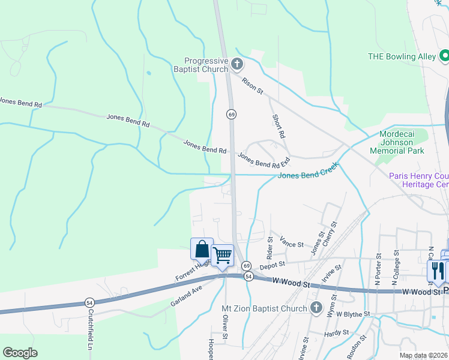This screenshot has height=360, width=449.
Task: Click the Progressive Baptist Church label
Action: click(206, 65)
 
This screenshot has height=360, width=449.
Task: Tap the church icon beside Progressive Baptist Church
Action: click(237, 63)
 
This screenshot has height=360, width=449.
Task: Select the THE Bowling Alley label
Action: click(402, 56)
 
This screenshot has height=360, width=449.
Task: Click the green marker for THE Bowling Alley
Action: click(444, 56)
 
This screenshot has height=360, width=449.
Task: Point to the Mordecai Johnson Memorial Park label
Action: click(404, 143)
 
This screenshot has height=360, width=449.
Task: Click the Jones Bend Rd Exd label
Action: click(264, 160)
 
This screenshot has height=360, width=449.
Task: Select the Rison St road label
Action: click(253, 85)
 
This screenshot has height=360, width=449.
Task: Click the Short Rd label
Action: click(278, 127)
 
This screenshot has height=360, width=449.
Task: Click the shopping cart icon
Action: click(223, 256)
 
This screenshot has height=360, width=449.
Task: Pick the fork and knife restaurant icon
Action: click(436, 271)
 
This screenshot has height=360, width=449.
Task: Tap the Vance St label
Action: click(292, 245)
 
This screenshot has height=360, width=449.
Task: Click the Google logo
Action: click(20, 353)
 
